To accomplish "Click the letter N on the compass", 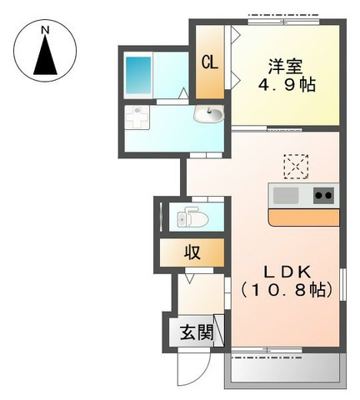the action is point(45,30).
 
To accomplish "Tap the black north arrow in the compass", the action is point(45,56).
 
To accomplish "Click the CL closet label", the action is point(210,62).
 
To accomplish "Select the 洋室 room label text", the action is point(285,67).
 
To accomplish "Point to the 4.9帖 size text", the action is point(287,84).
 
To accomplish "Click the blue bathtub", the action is point(138,75).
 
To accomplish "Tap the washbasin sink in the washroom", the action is point(209,114).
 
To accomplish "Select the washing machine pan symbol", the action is point(137,117).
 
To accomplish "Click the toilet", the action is point(192,217).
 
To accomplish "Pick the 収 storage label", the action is point(192,252).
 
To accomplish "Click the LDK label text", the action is point(287,272).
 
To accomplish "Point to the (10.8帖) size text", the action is point(287,290).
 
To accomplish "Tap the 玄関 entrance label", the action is point(197,332).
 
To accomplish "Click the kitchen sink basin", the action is point(286,195).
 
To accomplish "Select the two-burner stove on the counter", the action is point(324,195).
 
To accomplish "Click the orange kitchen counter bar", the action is point(304,217).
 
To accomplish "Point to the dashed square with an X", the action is point(296,167).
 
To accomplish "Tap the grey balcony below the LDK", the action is point(285,371).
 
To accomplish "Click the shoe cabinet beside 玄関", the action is point(218,331).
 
